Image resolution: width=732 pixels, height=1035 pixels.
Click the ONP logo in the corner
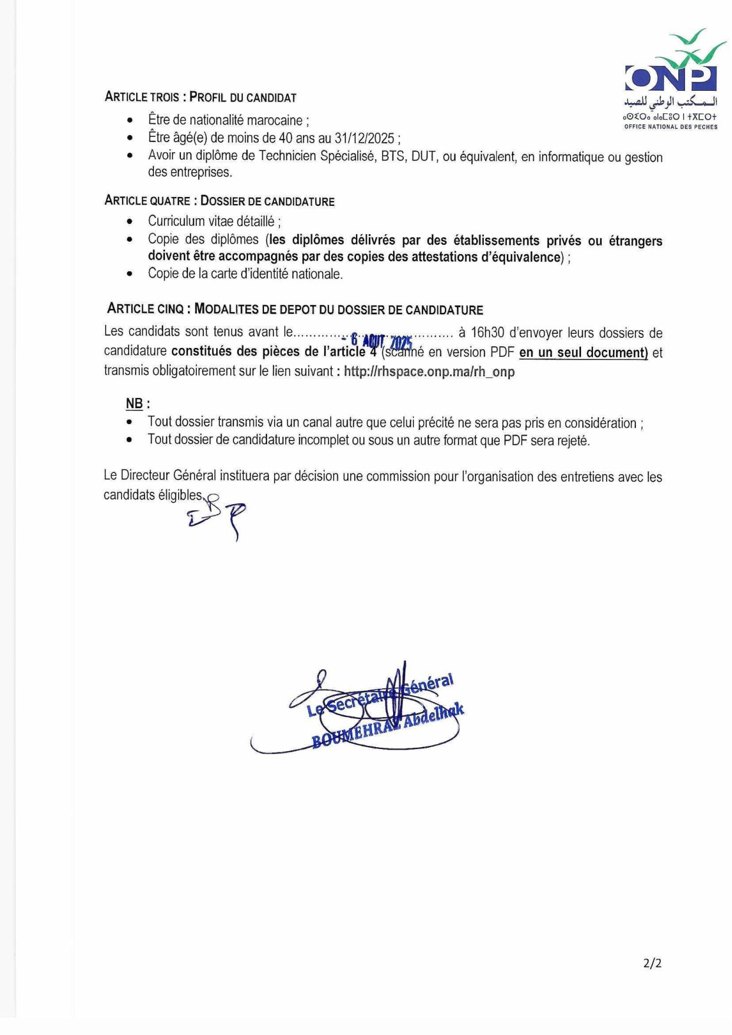(x=671, y=80)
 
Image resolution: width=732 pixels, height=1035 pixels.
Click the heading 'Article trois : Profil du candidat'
(x=200, y=97)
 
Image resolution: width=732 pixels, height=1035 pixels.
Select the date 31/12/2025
(x=364, y=138)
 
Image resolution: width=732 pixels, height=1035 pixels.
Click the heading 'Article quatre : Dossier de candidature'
(x=219, y=201)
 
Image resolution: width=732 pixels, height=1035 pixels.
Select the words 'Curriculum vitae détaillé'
(x=211, y=221)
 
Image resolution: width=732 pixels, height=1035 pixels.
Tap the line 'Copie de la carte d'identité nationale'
(x=245, y=274)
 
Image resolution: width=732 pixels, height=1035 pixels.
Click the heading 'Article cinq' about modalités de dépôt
(x=295, y=309)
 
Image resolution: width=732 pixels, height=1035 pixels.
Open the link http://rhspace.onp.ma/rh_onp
(x=429, y=372)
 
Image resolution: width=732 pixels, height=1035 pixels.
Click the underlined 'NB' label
(x=134, y=404)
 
